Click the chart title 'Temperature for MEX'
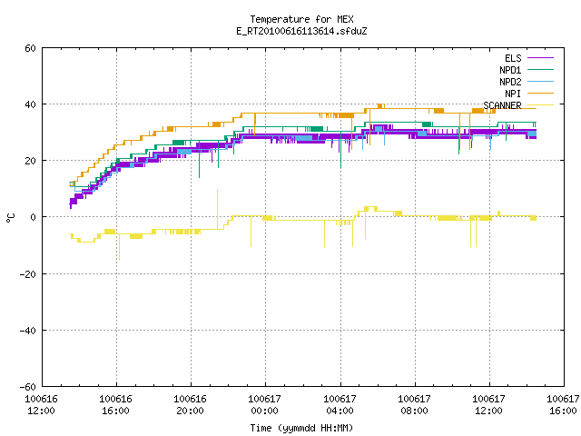pos(301,19)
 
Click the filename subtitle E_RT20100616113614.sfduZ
pos(301,31)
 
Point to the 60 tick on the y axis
pos(30,48)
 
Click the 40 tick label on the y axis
pos(30,104)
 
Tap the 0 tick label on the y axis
pos(33,217)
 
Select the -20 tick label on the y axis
pos(28,274)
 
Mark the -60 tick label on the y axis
pos(28,387)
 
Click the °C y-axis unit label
pos(10,218)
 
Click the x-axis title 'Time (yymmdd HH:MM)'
pos(301,428)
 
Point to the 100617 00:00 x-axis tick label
pos(264,405)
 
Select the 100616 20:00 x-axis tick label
pos(190,405)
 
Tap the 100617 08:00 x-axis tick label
pos(414,405)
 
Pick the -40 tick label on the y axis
pos(28,331)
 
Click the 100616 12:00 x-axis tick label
pos(41,405)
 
